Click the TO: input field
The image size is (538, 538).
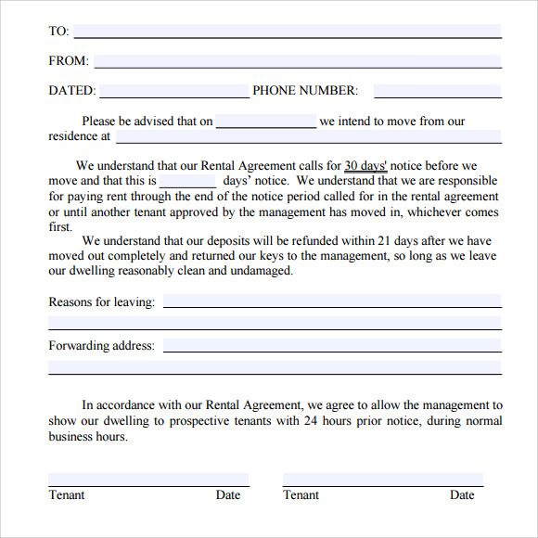(288, 32)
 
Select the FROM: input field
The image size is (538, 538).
(297, 61)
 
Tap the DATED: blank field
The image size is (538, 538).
(174, 91)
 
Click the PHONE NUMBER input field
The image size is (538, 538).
(437, 91)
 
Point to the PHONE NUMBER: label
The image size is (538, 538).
(304, 91)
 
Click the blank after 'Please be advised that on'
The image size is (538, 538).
(266, 121)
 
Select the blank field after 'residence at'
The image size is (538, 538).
(308, 136)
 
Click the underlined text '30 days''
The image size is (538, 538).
(365, 166)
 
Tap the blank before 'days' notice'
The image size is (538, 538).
(188, 181)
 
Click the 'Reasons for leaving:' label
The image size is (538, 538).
(101, 301)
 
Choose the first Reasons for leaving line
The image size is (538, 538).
(332, 301)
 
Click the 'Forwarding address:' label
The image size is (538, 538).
(101, 346)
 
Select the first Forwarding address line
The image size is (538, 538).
(332, 346)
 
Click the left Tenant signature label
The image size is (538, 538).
(67, 494)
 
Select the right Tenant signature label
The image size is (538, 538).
(301, 494)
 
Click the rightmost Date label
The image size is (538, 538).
(462, 494)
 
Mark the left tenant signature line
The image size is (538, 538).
(148, 480)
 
